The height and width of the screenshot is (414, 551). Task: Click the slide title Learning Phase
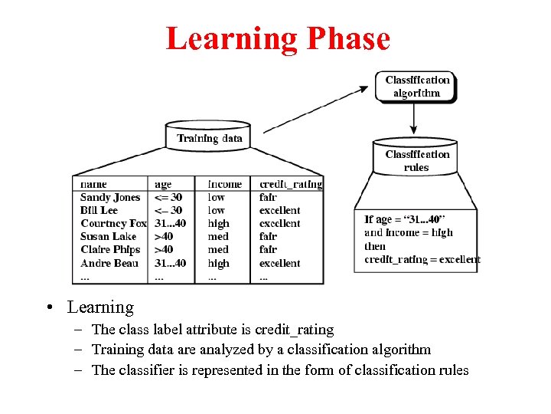click(278, 38)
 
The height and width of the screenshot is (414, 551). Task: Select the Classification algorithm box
click(417, 86)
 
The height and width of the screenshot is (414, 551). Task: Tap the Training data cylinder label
click(209, 138)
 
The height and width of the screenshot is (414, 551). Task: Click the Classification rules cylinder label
click(417, 161)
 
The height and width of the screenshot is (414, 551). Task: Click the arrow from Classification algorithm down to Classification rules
click(414, 119)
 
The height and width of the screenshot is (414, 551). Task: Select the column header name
click(93, 184)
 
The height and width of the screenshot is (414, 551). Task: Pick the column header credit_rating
click(291, 184)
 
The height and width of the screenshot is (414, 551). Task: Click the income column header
click(224, 184)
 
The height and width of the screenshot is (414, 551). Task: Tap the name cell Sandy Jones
click(110, 197)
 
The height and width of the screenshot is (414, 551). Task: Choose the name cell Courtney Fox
click(113, 223)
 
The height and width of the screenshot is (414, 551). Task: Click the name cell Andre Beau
click(109, 263)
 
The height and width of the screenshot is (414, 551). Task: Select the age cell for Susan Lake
click(164, 236)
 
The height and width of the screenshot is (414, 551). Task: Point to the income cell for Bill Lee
click(217, 210)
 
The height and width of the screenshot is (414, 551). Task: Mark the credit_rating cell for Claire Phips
click(268, 249)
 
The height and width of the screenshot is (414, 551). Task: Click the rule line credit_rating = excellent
click(422, 259)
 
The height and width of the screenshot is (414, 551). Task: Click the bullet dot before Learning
click(48, 308)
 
